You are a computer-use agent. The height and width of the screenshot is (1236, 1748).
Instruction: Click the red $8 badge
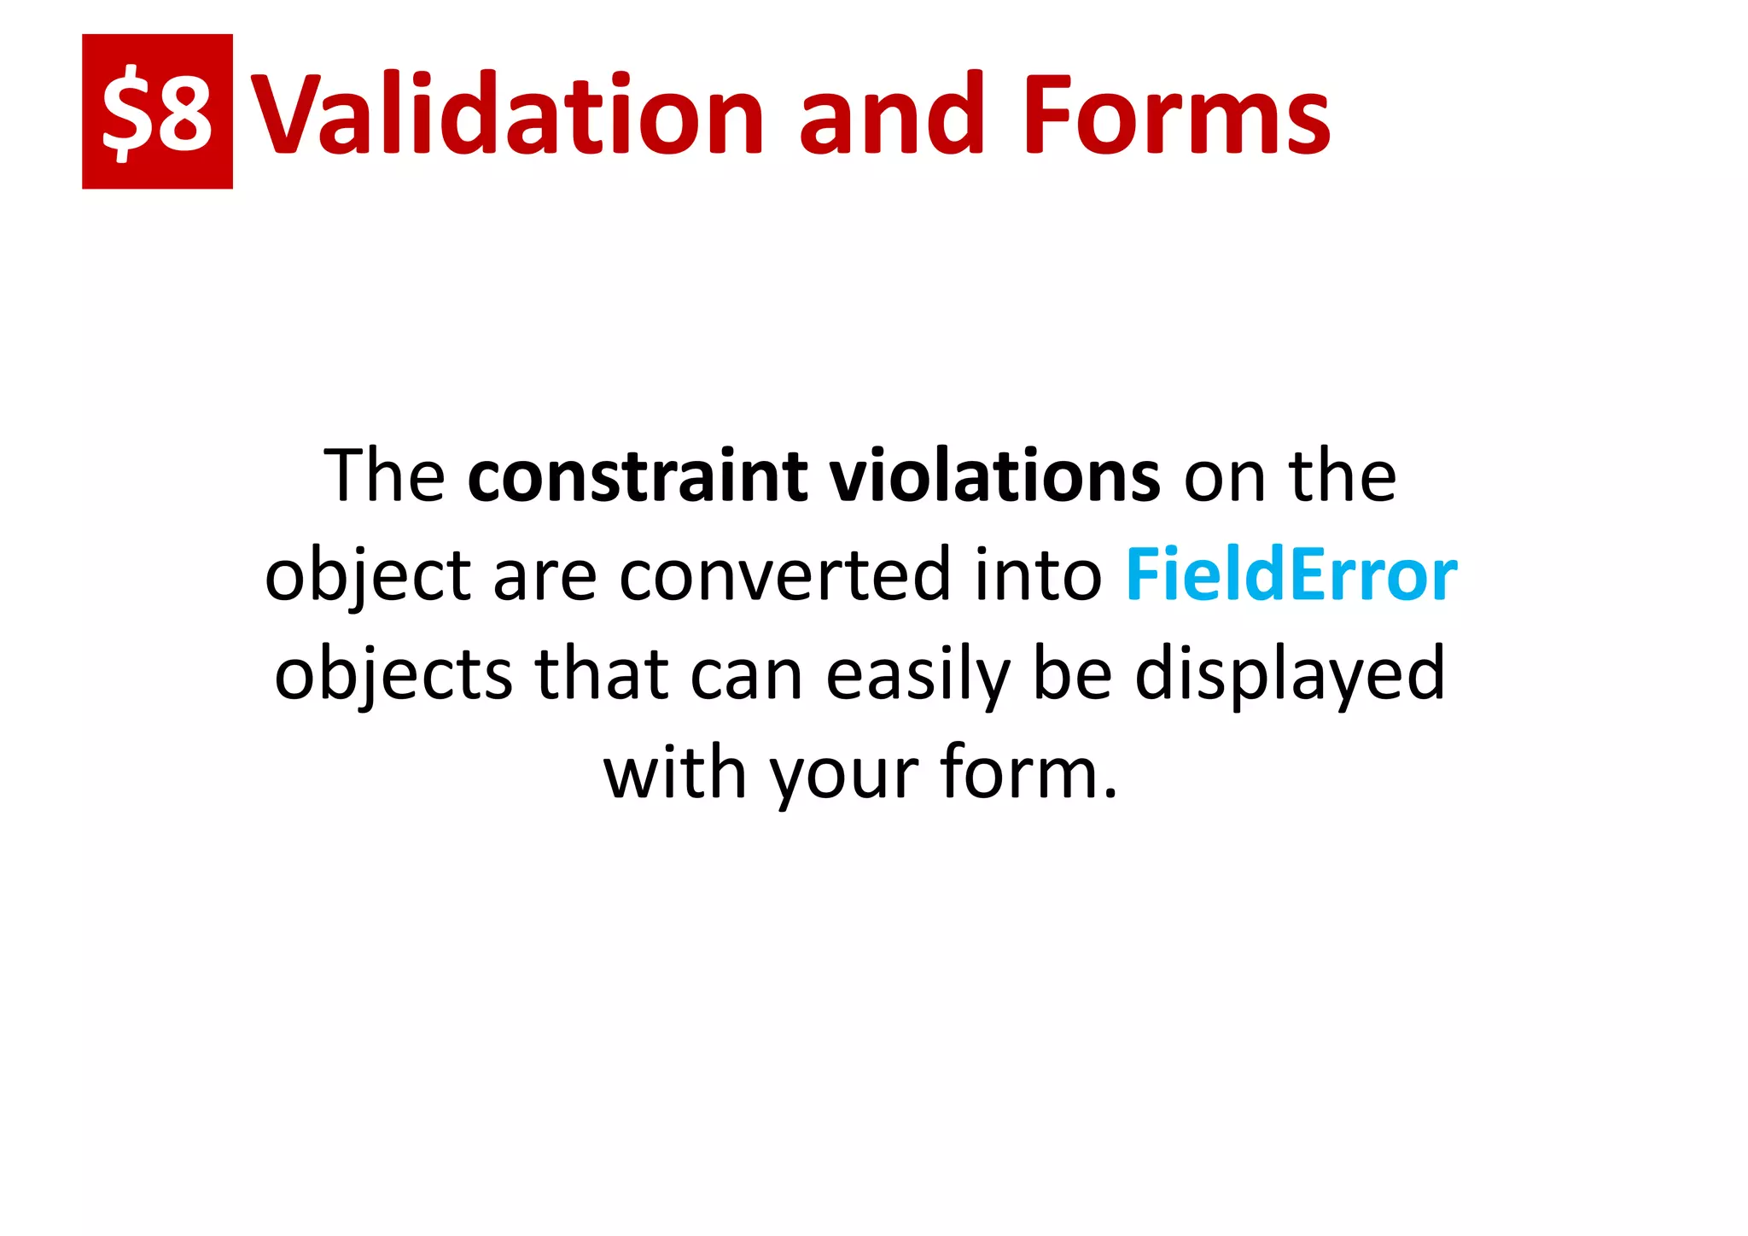(157, 112)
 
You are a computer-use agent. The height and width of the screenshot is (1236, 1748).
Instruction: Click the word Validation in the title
(510, 115)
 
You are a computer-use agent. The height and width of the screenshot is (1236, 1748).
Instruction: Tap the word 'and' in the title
(885, 115)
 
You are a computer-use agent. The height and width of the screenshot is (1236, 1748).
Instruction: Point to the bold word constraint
(638, 476)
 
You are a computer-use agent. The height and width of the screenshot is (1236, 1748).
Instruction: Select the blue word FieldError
(1291, 575)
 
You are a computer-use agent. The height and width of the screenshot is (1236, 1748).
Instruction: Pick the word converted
(784, 575)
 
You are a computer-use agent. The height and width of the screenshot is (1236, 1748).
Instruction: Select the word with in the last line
(674, 773)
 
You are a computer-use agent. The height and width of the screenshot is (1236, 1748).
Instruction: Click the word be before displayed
(1072, 674)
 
